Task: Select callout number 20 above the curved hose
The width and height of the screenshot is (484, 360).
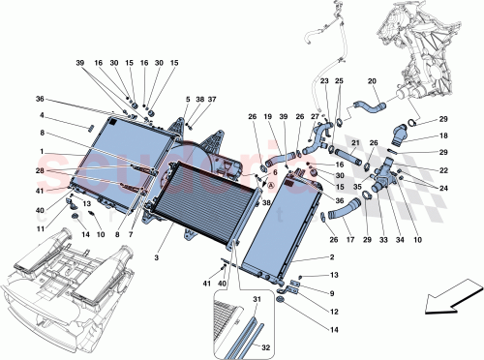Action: pyautogui.click(x=372, y=82)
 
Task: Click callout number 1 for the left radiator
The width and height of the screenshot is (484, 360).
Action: pyautogui.click(x=189, y=100)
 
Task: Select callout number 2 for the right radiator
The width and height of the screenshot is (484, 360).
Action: pyautogui.click(x=332, y=259)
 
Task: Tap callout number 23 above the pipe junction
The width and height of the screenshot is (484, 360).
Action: pyautogui.click(x=324, y=82)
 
